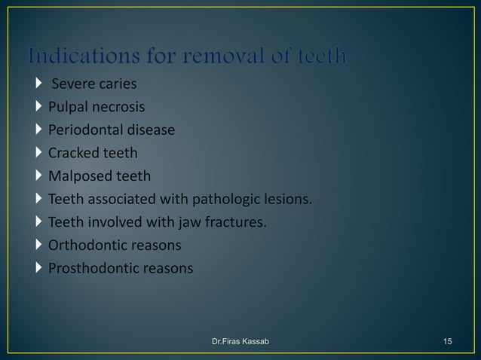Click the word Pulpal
pyautogui.click(x=68, y=107)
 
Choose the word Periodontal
pyautogui.click(x=84, y=130)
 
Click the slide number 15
pyautogui.click(x=448, y=342)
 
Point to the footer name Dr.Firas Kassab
pyautogui.click(x=240, y=342)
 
